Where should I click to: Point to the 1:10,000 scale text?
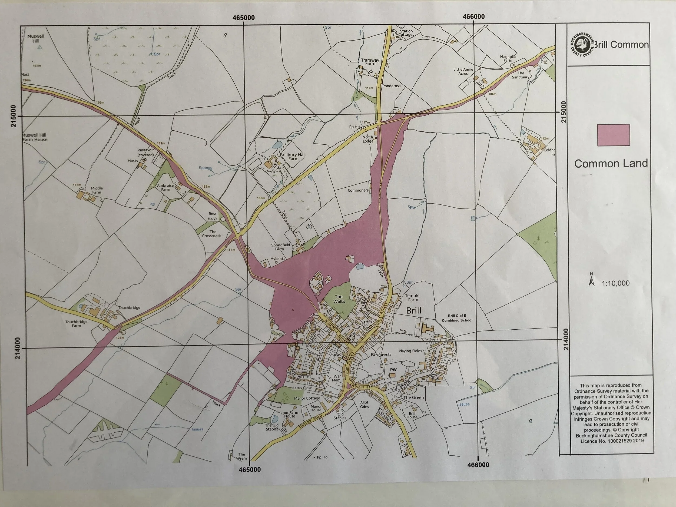pyautogui.click(x=615, y=283)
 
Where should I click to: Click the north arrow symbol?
pyautogui.click(x=591, y=280)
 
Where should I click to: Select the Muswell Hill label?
pyautogui.click(x=36, y=38)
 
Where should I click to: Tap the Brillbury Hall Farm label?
pyautogui.click(x=293, y=157)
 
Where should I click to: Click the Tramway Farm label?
pyautogui.click(x=370, y=62)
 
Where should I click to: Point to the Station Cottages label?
pyautogui.click(x=406, y=33)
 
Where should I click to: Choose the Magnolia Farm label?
pyautogui.click(x=508, y=58)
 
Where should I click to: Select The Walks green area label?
pyautogui.click(x=339, y=299)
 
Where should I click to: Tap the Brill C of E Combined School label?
pyautogui.click(x=457, y=318)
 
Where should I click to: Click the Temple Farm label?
pyautogui.click(x=412, y=297)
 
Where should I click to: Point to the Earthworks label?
pyautogui.click(x=380, y=354)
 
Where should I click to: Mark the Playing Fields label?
pyautogui.click(x=410, y=351)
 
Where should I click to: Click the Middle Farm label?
pyautogui.click(x=97, y=190)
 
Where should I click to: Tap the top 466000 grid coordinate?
pyautogui.click(x=473, y=16)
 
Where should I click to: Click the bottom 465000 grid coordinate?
pyautogui.click(x=249, y=469)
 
